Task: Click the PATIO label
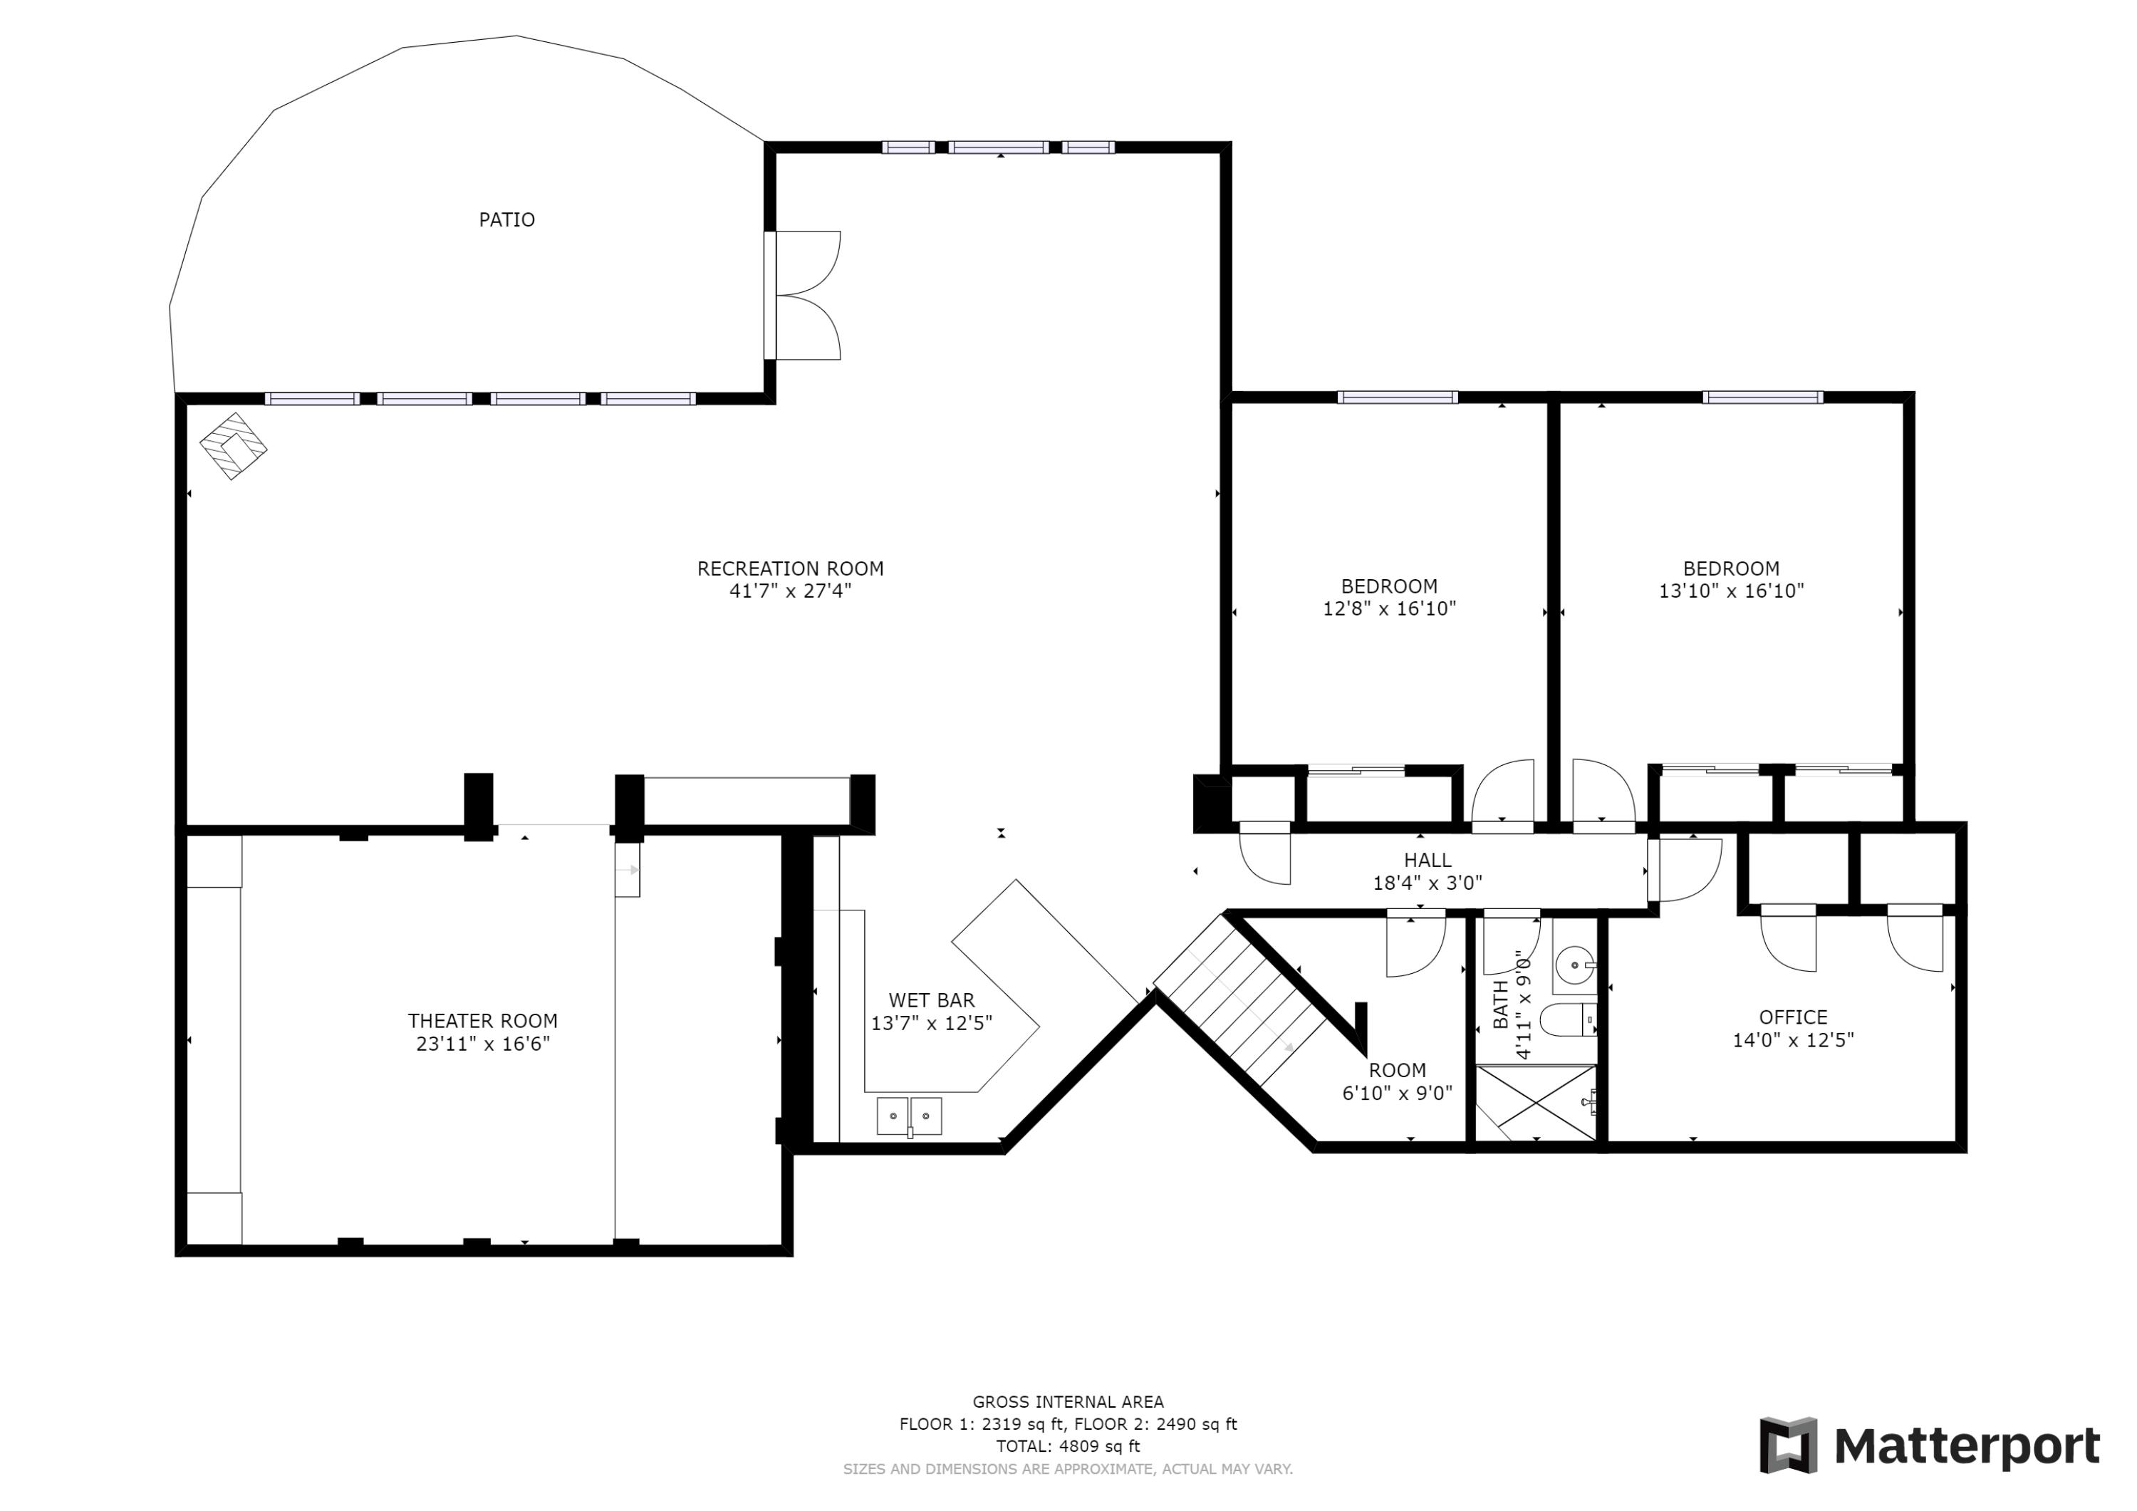point(506,219)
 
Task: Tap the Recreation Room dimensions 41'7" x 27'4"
point(790,591)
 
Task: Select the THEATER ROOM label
point(482,1022)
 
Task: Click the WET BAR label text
point(931,1001)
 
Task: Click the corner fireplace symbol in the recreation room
point(233,447)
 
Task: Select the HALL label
point(1427,861)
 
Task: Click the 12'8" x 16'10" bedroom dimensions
point(1388,609)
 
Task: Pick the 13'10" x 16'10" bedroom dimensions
point(1731,591)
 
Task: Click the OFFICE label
point(1793,1017)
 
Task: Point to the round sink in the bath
point(1574,965)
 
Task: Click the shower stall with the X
point(1536,1104)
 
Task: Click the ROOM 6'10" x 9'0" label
point(1396,1082)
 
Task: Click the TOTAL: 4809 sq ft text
point(1068,1447)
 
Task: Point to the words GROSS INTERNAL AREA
point(1068,1402)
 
